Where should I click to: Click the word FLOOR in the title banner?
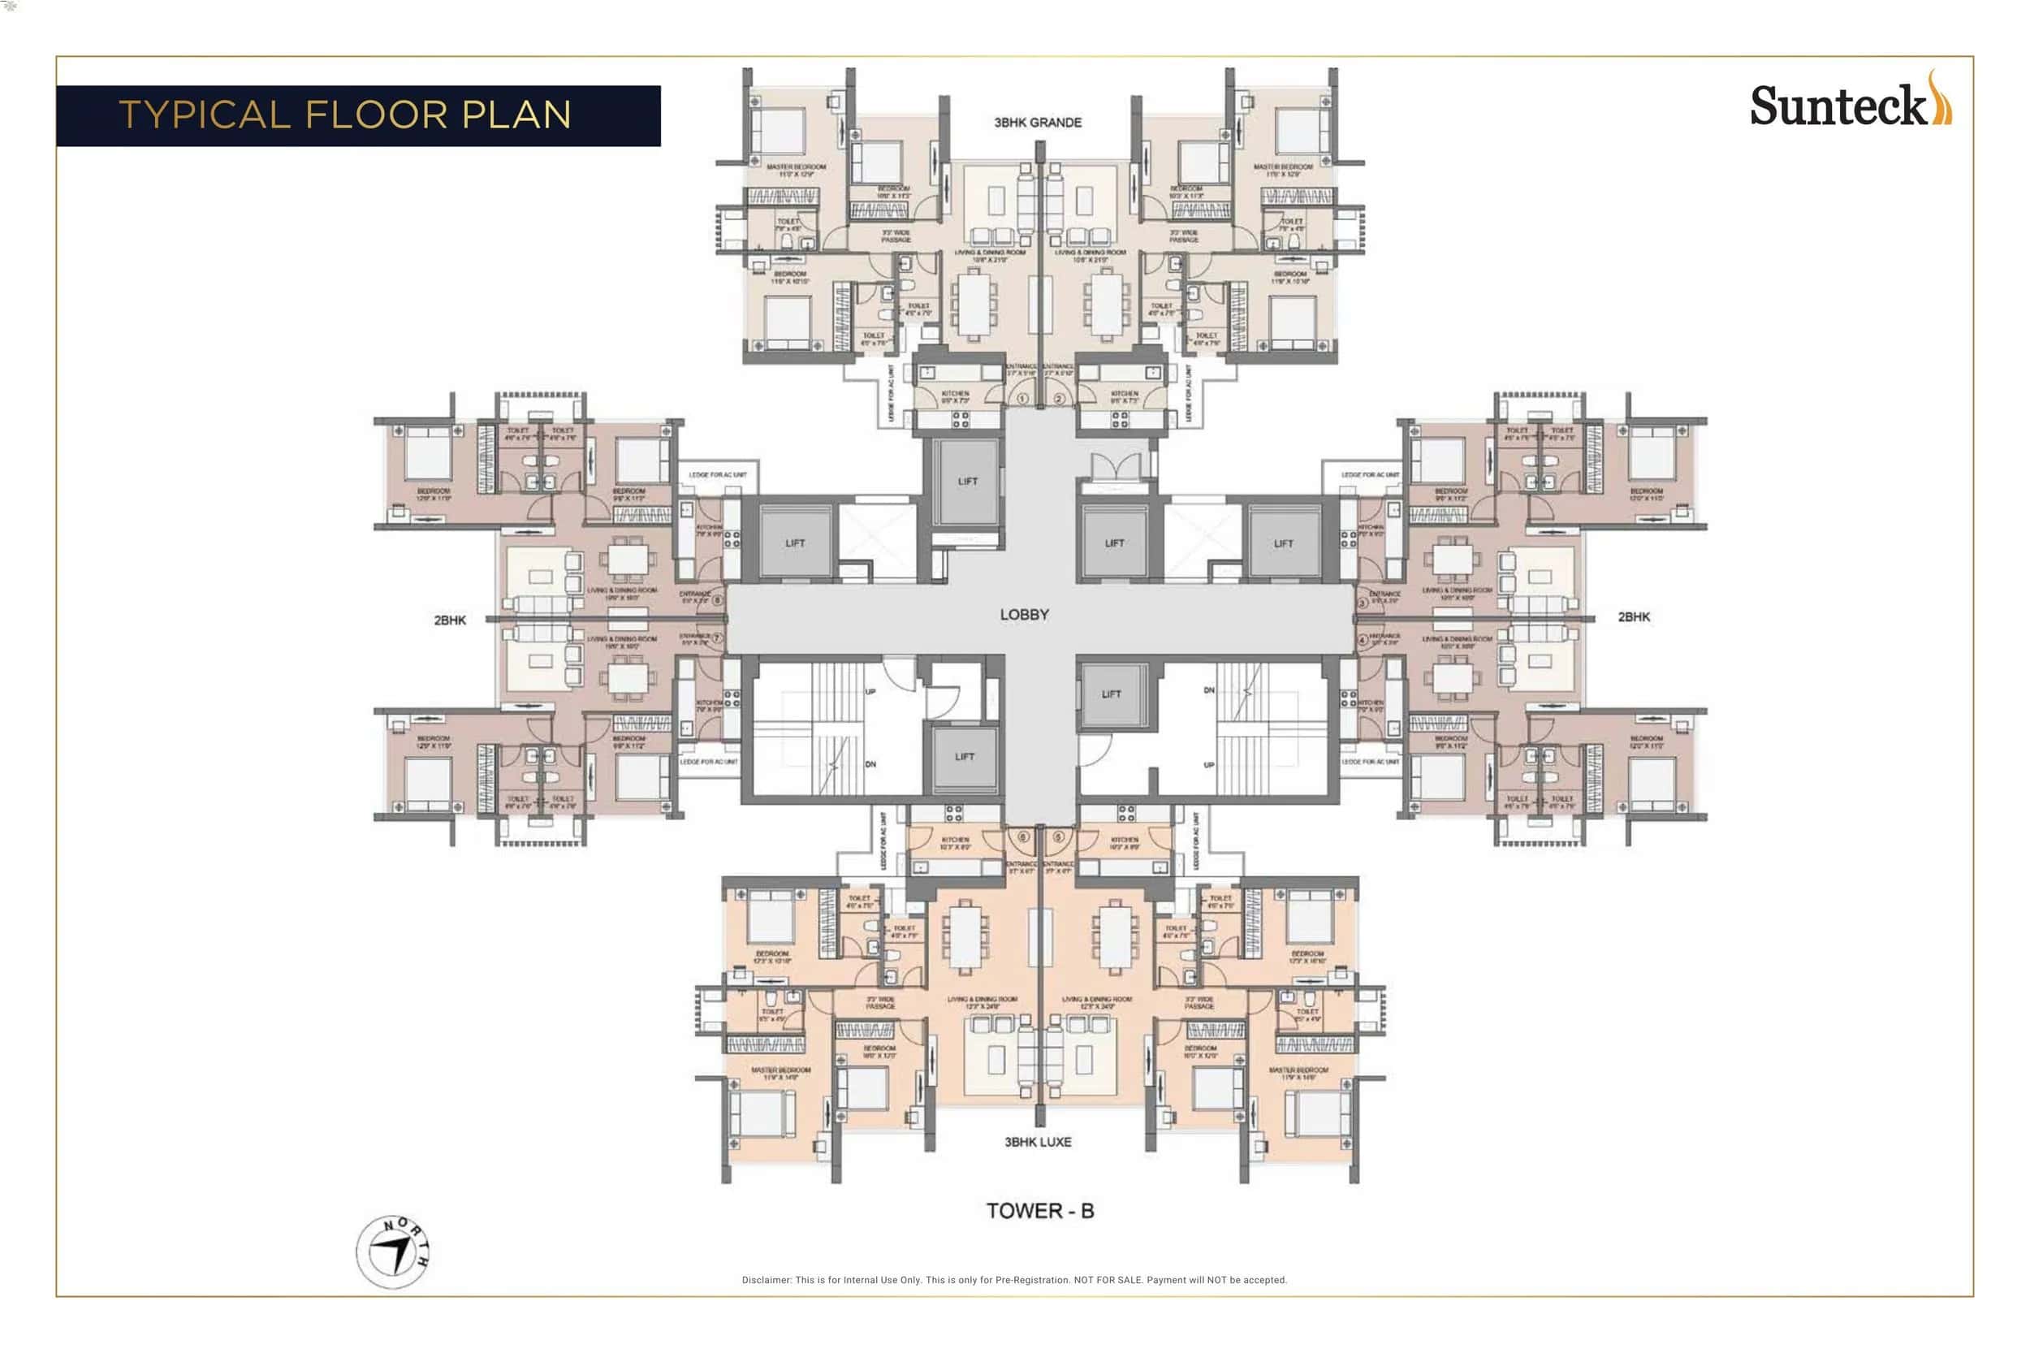(375, 115)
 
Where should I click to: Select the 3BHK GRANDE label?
(1037, 123)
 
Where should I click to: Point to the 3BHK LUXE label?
(1037, 1142)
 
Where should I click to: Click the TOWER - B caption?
(1039, 1211)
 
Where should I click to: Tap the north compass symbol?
(392, 1251)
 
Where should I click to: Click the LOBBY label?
(1024, 614)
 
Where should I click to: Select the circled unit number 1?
(1022, 400)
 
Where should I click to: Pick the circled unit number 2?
(1059, 400)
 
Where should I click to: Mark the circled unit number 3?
(1363, 603)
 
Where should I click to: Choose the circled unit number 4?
(1363, 639)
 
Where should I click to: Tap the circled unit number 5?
(1059, 837)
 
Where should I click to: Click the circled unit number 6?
(1023, 837)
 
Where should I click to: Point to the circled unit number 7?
(717, 638)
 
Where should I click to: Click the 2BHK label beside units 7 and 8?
(450, 620)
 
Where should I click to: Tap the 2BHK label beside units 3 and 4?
(1633, 616)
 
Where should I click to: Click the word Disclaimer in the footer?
(766, 1280)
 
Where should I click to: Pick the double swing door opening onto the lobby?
(1116, 467)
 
